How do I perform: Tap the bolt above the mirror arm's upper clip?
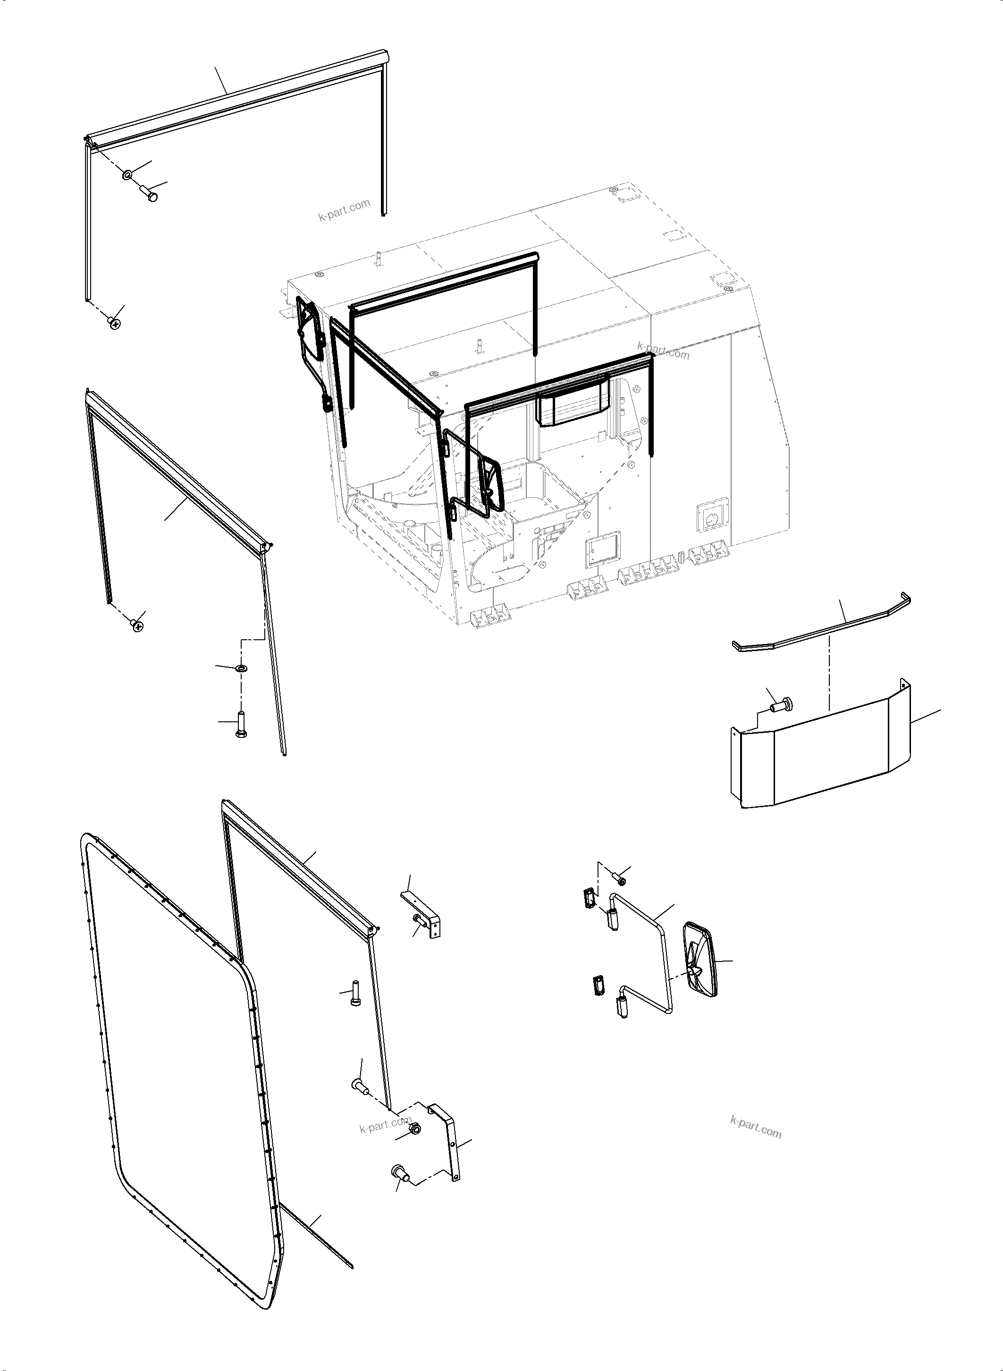621,878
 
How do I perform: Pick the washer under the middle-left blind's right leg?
241,668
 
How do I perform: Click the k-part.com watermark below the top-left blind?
344,210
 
